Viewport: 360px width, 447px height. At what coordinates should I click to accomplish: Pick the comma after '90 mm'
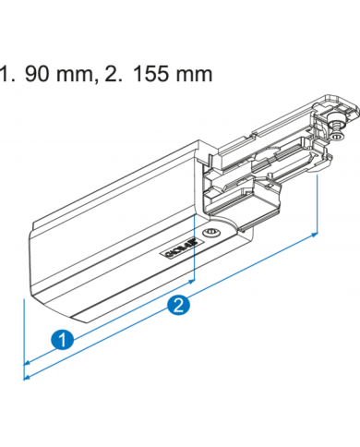tap(100, 78)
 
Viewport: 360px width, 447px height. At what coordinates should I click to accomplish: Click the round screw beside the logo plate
tap(213, 232)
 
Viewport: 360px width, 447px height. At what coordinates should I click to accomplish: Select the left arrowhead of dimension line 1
tap(28, 362)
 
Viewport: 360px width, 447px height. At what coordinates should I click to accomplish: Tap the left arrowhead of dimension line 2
tap(28, 376)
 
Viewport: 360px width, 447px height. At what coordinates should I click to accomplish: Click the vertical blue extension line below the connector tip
tap(318, 203)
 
